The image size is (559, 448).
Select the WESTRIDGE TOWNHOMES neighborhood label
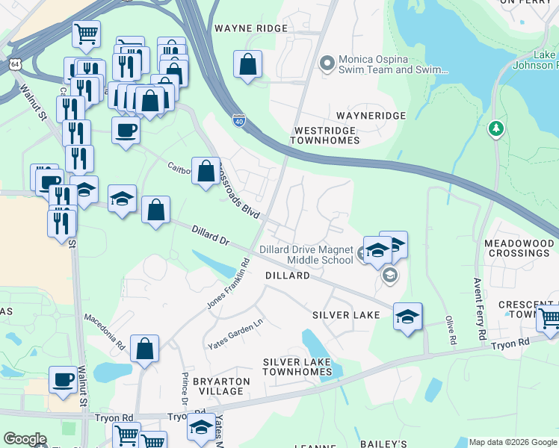pyautogui.click(x=324, y=134)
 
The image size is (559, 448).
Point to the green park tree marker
pyautogui.click(x=495, y=130)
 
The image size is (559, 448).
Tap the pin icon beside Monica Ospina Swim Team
pyautogui.click(x=326, y=63)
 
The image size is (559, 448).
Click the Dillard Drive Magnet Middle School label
pyautogui.click(x=306, y=255)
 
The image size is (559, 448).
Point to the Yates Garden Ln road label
pyautogui.click(x=236, y=333)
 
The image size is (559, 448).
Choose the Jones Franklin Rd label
pyautogui.click(x=227, y=284)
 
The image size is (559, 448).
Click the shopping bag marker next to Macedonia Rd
pyautogui.click(x=144, y=349)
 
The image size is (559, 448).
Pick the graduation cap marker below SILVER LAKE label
pyautogui.click(x=407, y=317)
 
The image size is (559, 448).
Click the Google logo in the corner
pyautogui.click(x=25, y=440)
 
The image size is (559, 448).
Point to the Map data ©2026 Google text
pyautogui.click(x=512, y=442)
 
